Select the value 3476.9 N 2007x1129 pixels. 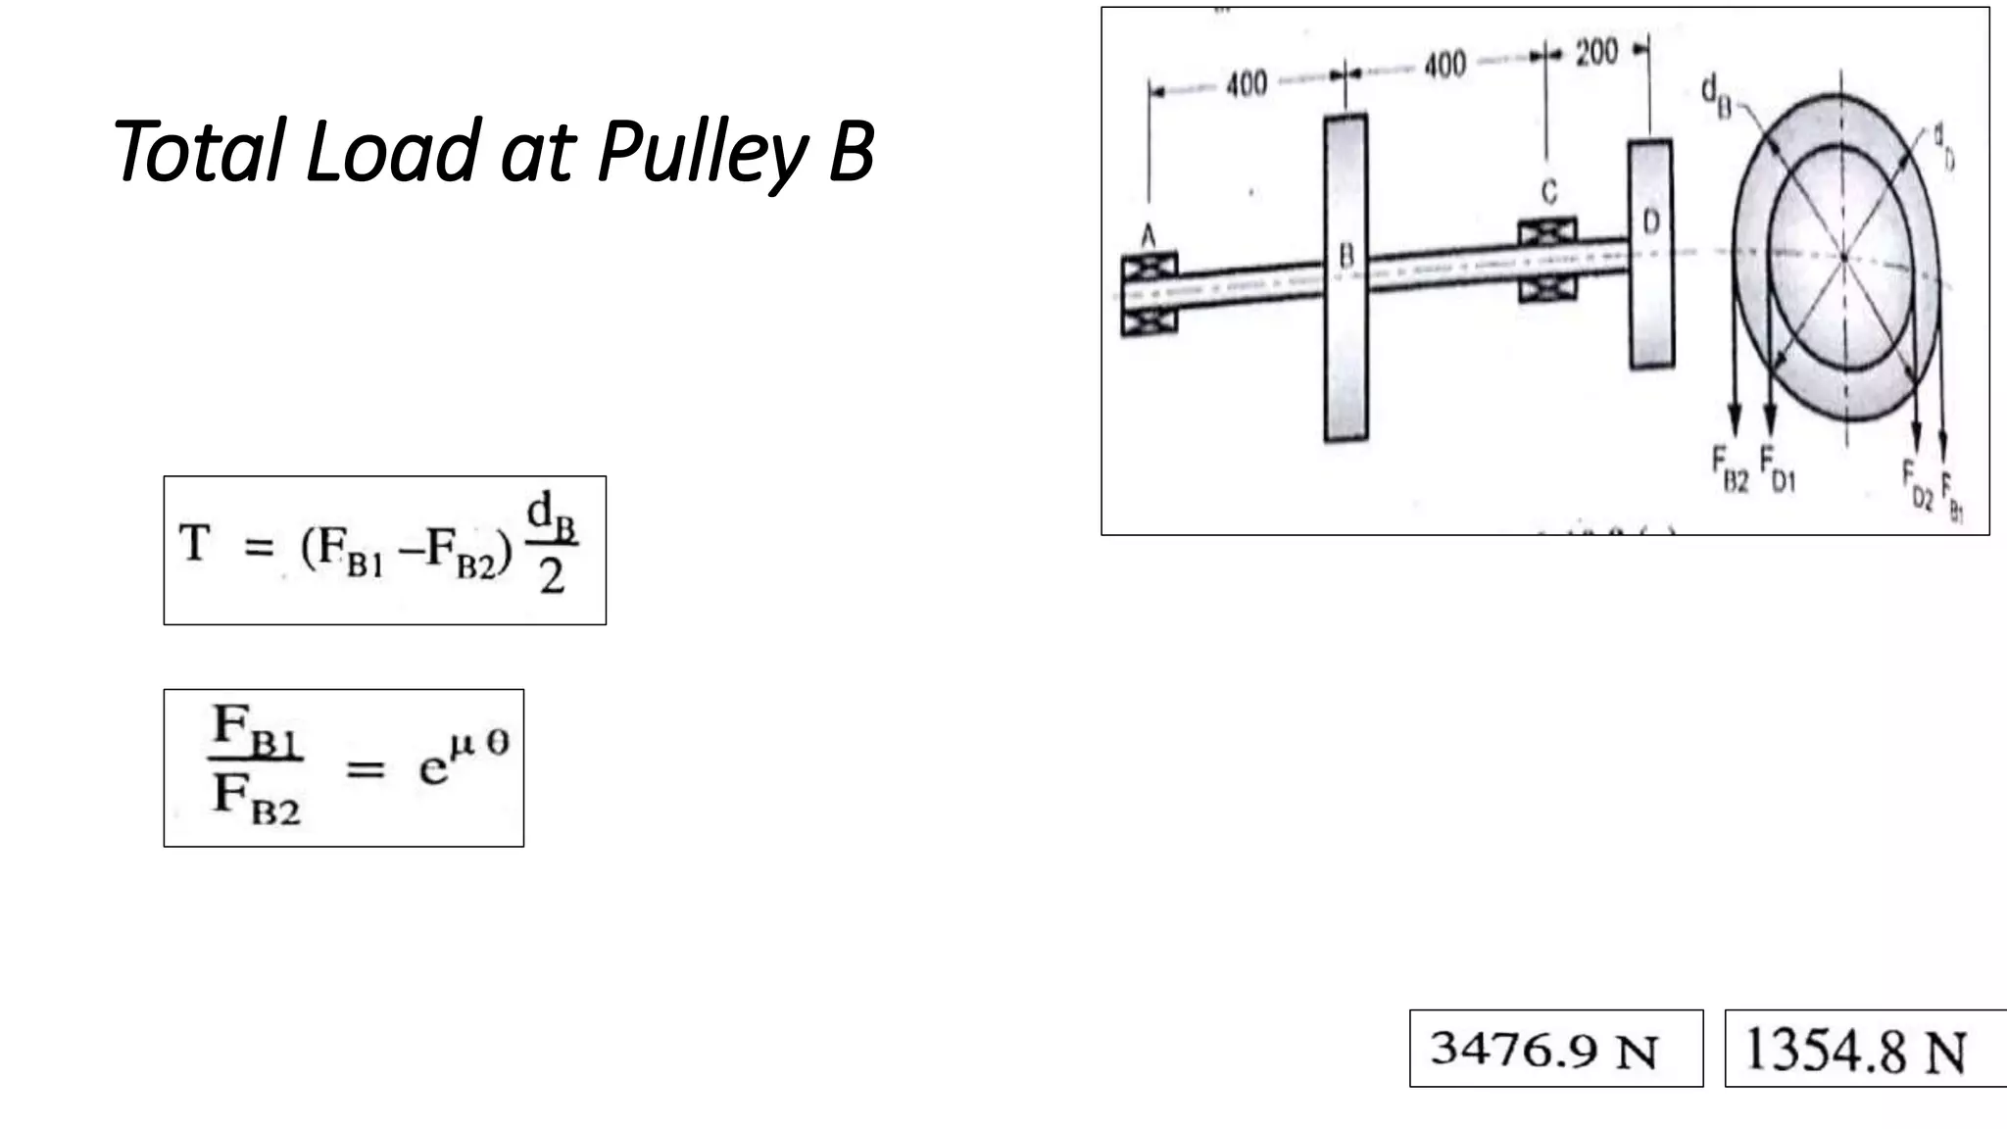click(1544, 1050)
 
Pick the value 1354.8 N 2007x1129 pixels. click(1855, 1051)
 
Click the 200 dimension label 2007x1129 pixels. click(1596, 52)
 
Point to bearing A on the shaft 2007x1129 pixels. click(1150, 294)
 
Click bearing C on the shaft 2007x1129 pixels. click(1547, 260)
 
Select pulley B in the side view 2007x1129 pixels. click(1346, 277)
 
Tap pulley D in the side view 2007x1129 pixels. click(1650, 254)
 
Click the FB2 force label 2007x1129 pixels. click(1730, 469)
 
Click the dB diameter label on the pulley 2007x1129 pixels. click(1715, 94)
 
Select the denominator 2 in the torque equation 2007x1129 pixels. click(552, 576)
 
